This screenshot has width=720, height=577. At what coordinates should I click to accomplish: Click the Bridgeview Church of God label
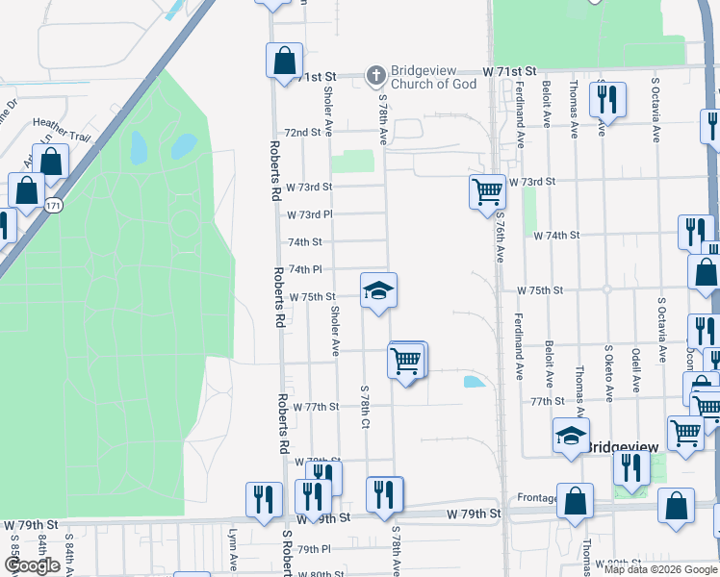[x=433, y=77]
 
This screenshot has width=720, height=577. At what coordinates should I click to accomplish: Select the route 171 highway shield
[x=54, y=206]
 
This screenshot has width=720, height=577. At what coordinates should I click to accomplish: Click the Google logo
[x=32, y=565]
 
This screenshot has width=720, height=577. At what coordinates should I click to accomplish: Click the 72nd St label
[x=301, y=132]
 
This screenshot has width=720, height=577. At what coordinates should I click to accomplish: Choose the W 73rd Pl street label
[x=309, y=214]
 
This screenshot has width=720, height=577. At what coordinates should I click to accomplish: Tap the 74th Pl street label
[x=304, y=270]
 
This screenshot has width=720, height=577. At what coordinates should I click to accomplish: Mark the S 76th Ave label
[x=501, y=240]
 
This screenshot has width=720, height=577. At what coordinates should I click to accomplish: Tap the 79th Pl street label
[x=314, y=549]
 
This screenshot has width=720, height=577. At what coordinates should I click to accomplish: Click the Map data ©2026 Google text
[x=658, y=569]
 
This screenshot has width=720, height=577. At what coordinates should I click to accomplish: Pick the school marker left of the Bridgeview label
[x=571, y=435]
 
